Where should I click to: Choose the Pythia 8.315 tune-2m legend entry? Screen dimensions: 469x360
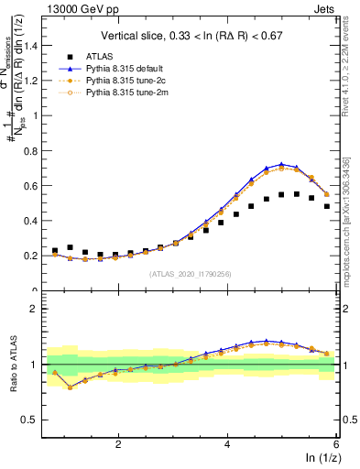[137, 93]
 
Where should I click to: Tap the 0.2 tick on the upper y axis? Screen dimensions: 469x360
[32, 256]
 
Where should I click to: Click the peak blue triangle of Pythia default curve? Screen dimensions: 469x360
[281, 164]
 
